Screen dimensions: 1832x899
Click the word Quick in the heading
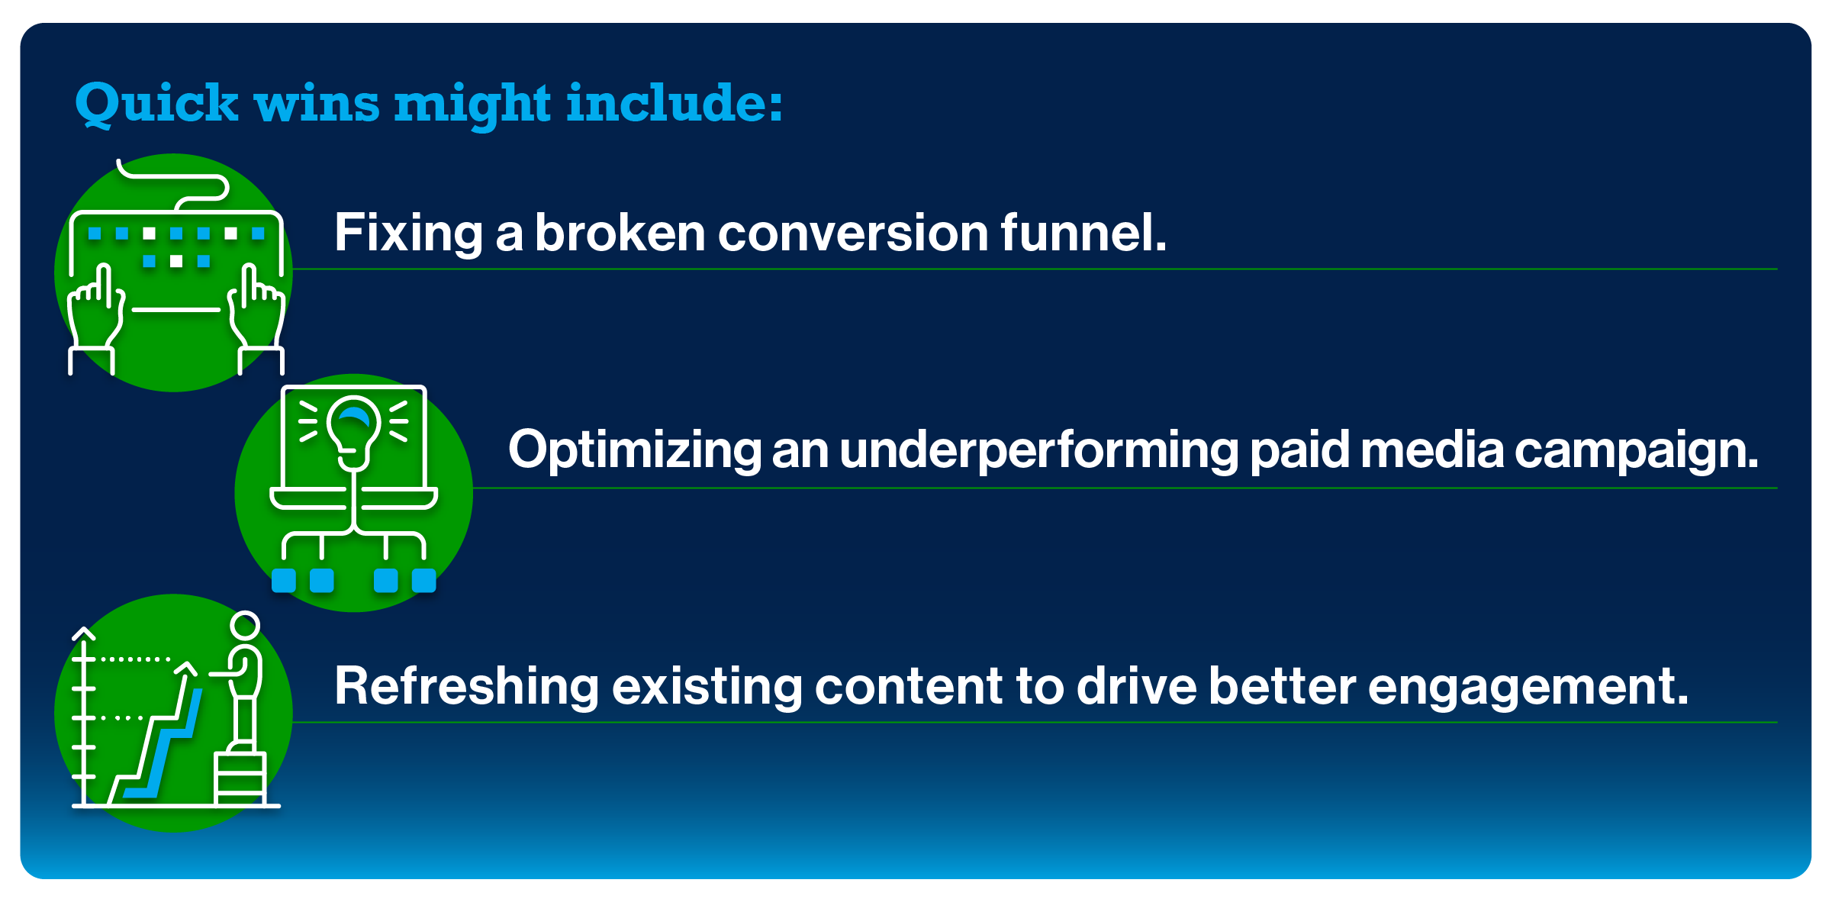point(156,103)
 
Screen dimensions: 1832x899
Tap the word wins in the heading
point(317,103)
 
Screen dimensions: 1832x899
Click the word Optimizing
point(635,451)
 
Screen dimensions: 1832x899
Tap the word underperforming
point(1038,451)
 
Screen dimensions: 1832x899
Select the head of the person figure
point(245,626)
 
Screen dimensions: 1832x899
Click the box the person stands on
point(240,778)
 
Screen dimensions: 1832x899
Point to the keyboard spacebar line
point(176,310)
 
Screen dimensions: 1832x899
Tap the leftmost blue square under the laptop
point(284,581)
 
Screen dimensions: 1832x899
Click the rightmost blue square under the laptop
point(424,581)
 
